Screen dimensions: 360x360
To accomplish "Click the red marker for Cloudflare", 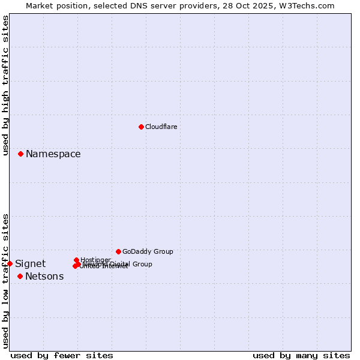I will [x=141, y=127].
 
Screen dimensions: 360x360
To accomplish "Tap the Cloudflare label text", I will [x=161, y=127].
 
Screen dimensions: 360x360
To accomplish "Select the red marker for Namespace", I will [x=20, y=154].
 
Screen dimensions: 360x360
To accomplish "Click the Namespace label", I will [x=53, y=154].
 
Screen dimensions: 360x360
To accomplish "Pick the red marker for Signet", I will [x=10, y=263].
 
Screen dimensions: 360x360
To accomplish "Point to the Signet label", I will [x=30, y=264].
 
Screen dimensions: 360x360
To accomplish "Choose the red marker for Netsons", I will [x=20, y=276].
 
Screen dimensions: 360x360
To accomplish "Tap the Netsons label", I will [x=44, y=277].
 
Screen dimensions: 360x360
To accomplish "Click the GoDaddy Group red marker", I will [x=118, y=251].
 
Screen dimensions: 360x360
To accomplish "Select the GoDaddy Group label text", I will [x=148, y=251].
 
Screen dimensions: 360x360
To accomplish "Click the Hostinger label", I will [x=95, y=260].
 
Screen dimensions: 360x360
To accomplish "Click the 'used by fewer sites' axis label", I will [x=62, y=356].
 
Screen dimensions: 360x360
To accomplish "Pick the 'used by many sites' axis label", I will [x=301, y=356].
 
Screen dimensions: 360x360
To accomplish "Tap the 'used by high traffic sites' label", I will [x=5, y=86].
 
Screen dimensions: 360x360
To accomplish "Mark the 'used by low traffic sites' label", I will [x=5, y=281].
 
